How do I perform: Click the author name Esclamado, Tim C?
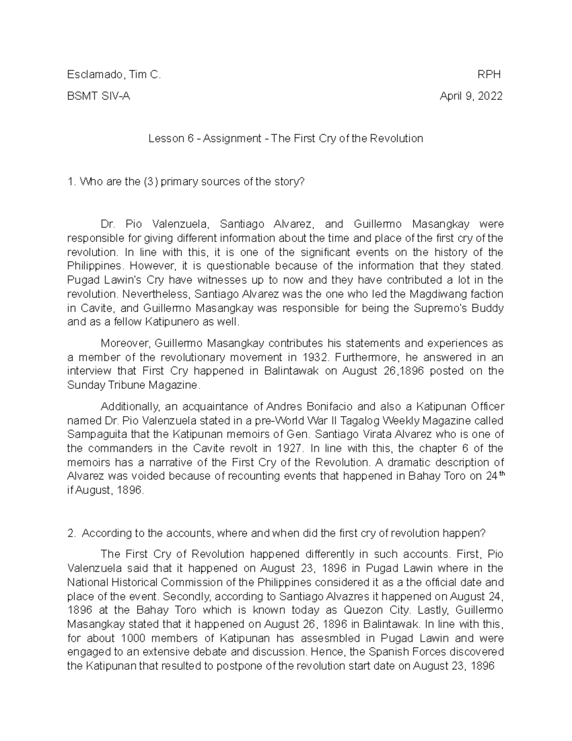click(x=114, y=75)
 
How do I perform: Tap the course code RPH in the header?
click(x=490, y=75)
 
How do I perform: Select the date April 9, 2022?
click(x=471, y=96)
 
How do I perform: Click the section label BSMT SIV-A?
click(x=99, y=96)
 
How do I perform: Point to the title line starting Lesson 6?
click(x=286, y=139)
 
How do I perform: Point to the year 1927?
click(x=289, y=449)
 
